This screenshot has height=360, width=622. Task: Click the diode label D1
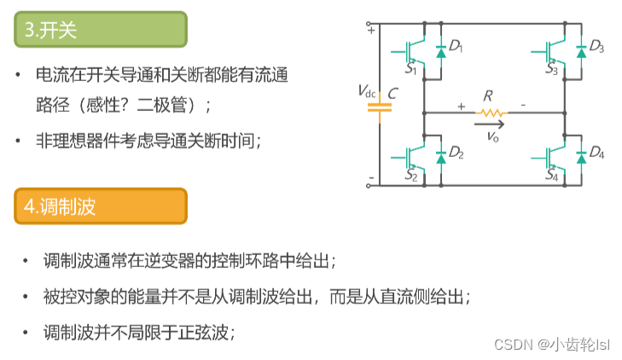(x=456, y=46)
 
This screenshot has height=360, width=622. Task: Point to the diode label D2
(x=456, y=154)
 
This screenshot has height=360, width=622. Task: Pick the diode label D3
(x=596, y=46)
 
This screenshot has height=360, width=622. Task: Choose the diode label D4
(x=596, y=154)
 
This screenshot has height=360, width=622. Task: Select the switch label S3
(x=552, y=69)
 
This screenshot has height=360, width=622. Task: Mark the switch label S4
(x=552, y=177)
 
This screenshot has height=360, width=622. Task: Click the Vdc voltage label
(x=366, y=92)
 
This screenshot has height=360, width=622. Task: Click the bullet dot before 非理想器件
(x=19, y=141)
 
